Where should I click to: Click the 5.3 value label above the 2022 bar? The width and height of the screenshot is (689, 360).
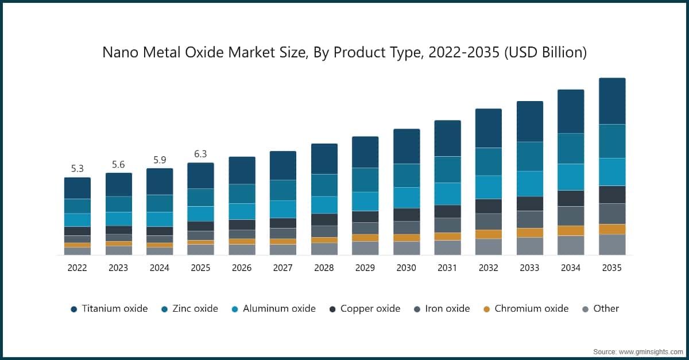coord(77,169)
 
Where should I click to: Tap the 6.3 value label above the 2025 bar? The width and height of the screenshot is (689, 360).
coord(200,154)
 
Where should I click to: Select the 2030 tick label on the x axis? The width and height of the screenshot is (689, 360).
coord(406,268)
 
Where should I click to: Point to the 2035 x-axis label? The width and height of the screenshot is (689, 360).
coord(611,268)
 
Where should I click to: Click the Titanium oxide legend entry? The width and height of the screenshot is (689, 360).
coord(109,309)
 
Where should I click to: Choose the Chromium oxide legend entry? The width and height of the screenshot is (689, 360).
coord(525,309)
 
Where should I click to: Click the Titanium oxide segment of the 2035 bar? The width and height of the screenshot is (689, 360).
coord(611,101)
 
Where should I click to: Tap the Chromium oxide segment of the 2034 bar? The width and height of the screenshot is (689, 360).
coord(571,230)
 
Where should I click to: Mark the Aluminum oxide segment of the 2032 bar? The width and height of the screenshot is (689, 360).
coord(488,187)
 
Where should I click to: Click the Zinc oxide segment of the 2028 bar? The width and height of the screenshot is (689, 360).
coord(324,185)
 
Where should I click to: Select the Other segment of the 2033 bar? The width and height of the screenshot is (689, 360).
coord(529,246)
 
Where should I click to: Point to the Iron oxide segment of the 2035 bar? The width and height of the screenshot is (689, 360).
coord(611,214)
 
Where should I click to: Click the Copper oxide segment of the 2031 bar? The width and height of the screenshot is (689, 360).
coord(447,211)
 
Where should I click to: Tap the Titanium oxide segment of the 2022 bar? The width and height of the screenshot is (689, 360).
coord(77,188)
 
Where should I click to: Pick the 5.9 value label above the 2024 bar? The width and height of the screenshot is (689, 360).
coord(159,160)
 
